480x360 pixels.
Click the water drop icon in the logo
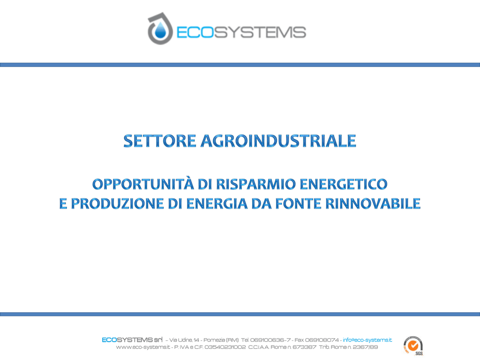159,30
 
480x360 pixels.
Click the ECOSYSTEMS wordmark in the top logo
241,32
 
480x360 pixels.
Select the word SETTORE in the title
160,141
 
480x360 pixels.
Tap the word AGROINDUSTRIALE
278,141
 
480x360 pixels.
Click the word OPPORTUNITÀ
143,184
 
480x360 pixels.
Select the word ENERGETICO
344,184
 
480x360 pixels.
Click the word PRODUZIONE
117,204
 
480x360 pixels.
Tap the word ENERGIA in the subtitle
217,204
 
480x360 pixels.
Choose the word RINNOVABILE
373,204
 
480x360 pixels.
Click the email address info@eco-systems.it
367,340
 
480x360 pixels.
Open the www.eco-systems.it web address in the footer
143,347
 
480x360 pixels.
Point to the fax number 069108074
322,340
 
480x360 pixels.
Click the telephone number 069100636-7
270,340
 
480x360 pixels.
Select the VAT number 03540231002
225,347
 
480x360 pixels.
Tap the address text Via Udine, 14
184,340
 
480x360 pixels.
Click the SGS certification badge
413,345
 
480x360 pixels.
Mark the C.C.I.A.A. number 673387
304,347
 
